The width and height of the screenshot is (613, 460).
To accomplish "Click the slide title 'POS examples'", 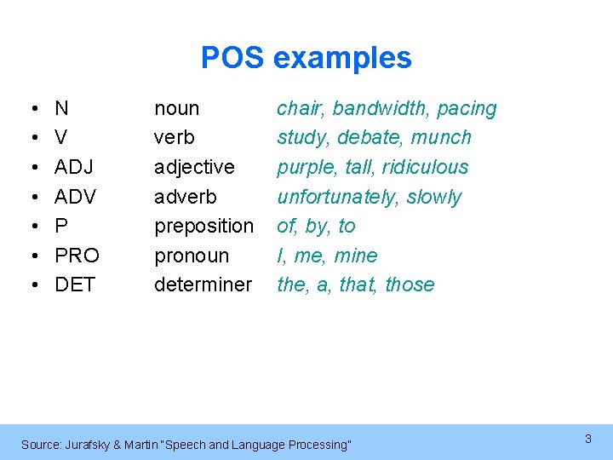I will pyautogui.click(x=306, y=58).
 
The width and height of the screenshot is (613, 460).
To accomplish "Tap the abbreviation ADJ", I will pyautogui.click(x=74, y=167).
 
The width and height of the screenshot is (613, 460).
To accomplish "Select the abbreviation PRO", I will pyautogui.click(x=77, y=256).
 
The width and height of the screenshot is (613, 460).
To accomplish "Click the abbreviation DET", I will pyautogui.click(x=75, y=285).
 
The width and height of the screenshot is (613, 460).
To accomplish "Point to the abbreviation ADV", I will pyautogui.click(x=75, y=197).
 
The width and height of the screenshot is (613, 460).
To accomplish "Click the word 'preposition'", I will pyautogui.click(x=203, y=227).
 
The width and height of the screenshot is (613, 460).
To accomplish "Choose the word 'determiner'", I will pyautogui.click(x=203, y=285).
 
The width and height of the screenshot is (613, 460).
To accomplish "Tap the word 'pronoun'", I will pyautogui.click(x=192, y=256).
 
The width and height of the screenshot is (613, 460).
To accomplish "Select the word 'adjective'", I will pyautogui.click(x=194, y=167).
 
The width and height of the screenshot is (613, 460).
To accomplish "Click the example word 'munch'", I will pyautogui.click(x=440, y=137).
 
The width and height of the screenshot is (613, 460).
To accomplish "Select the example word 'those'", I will pyautogui.click(x=410, y=285).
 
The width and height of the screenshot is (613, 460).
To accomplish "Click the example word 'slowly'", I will pyautogui.click(x=433, y=197).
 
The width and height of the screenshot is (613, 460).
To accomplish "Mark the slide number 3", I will pyautogui.click(x=587, y=439).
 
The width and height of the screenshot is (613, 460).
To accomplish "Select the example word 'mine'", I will pyautogui.click(x=356, y=256).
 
